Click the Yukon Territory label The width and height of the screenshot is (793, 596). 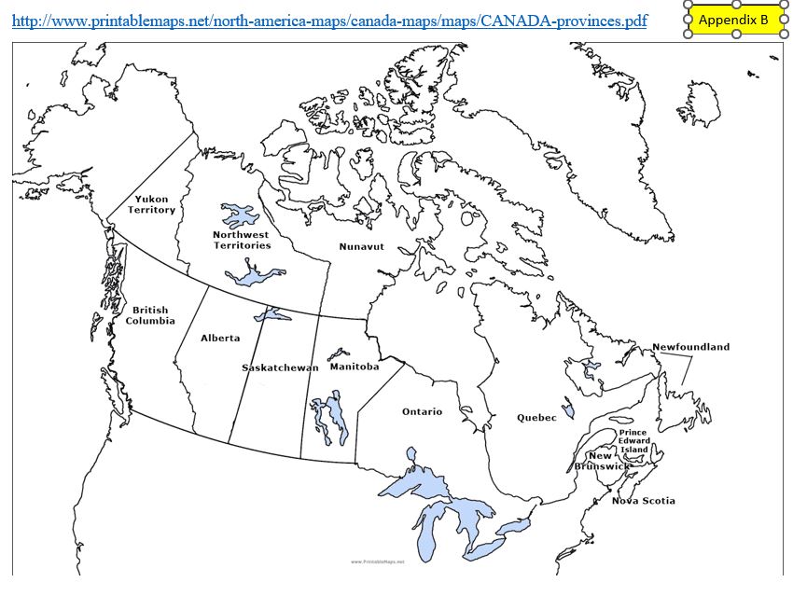(x=152, y=204)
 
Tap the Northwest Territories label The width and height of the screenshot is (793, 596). (x=242, y=240)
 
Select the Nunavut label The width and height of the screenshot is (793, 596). (x=361, y=246)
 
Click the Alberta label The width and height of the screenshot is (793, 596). (x=220, y=338)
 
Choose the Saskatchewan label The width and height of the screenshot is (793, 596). (x=280, y=367)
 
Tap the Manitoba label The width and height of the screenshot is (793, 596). (x=355, y=367)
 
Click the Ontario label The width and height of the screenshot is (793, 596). (x=422, y=411)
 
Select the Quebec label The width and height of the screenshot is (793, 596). (x=536, y=418)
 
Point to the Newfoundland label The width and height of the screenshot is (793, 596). (x=690, y=347)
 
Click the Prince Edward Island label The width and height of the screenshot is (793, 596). (x=633, y=440)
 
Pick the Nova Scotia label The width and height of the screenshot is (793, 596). (x=643, y=501)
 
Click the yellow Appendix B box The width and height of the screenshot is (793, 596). (x=733, y=20)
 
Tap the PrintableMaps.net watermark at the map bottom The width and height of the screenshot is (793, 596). (x=378, y=561)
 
